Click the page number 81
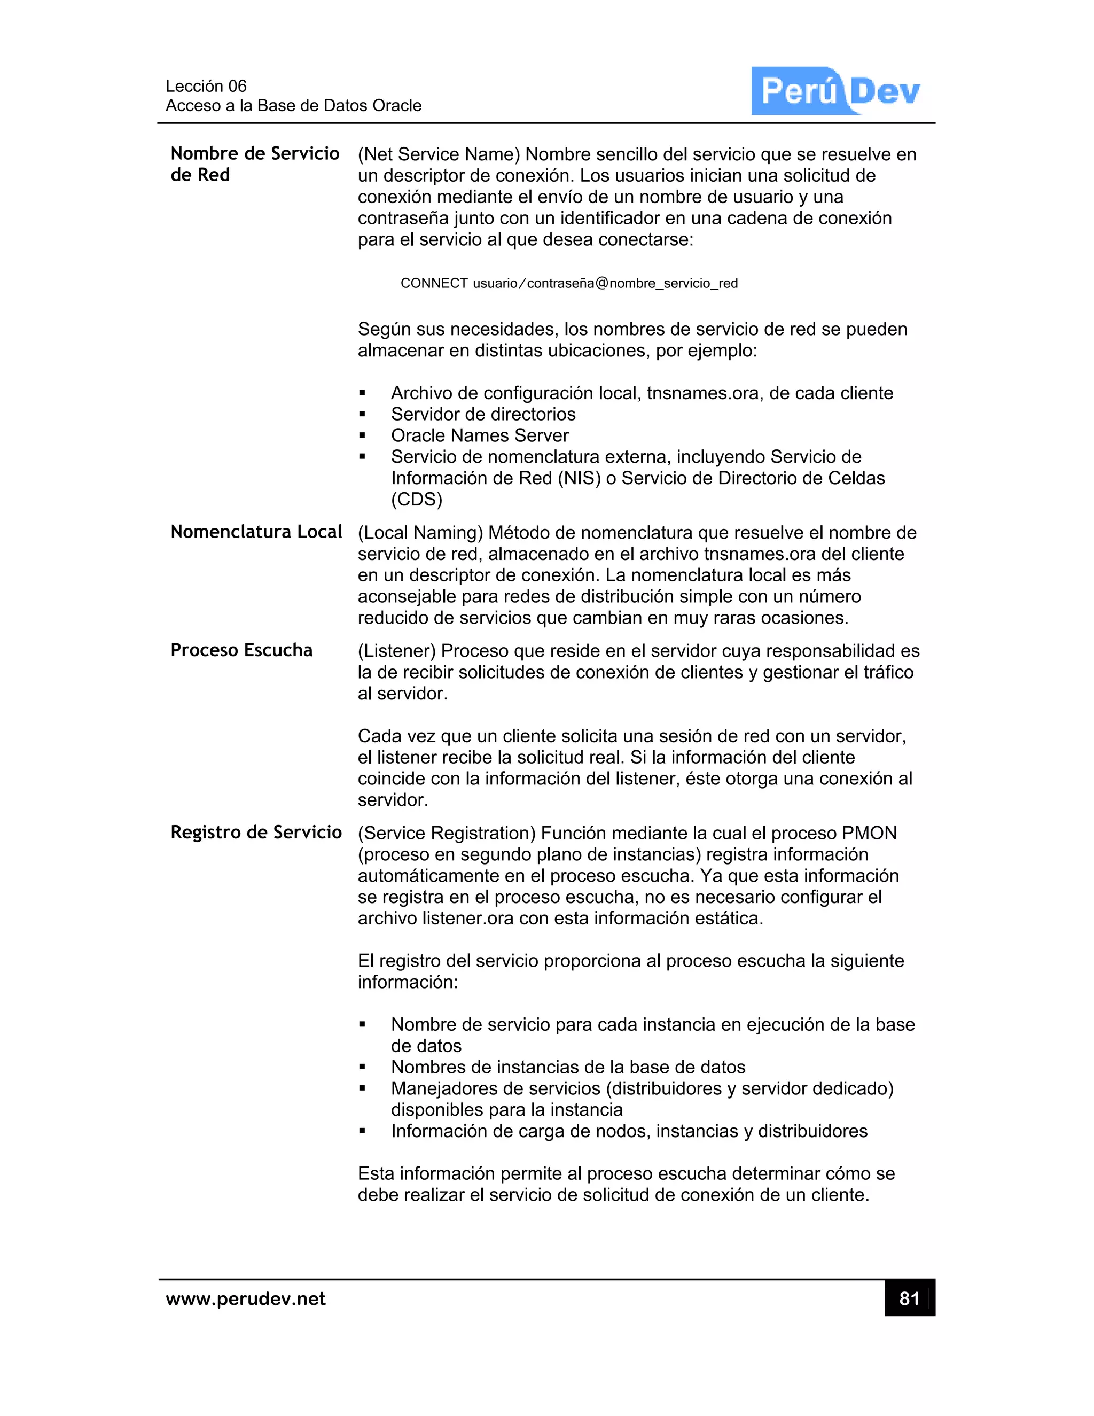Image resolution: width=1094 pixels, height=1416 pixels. coord(909,1298)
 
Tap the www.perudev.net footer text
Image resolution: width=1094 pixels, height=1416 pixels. coord(246,1298)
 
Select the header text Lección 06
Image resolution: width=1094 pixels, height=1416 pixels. coord(206,85)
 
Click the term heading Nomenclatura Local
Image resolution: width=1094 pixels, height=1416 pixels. coord(256,532)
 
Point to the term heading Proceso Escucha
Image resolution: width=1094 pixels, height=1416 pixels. coord(241,650)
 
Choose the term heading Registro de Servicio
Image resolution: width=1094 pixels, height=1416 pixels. coord(256,832)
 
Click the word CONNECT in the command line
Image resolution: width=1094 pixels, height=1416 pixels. coord(434,283)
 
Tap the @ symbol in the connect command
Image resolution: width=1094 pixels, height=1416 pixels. coord(601,283)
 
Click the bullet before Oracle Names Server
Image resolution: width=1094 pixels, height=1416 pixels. coord(362,435)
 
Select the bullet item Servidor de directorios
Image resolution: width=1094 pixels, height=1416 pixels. coord(483,414)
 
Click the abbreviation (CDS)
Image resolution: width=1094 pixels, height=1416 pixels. coord(417,499)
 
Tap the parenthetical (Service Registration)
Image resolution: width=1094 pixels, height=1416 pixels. coord(447,833)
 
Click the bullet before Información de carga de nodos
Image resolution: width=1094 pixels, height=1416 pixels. coord(362,1131)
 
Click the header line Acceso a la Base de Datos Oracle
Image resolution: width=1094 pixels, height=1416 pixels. coord(294,105)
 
